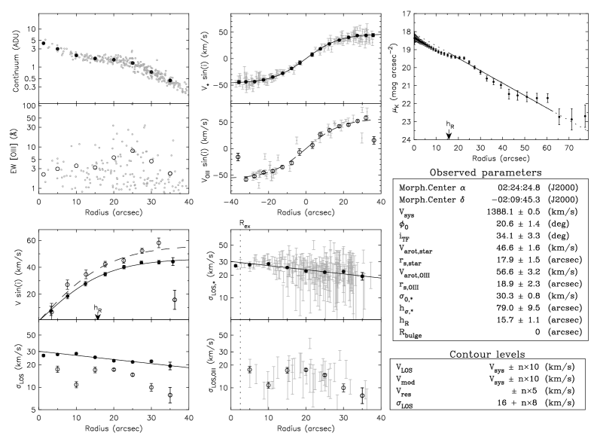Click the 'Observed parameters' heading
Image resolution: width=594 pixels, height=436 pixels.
point(486,172)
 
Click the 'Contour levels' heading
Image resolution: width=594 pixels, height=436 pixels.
point(487,354)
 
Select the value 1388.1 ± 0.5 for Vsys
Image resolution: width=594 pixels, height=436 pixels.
point(513,212)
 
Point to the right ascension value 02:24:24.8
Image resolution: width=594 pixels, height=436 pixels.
point(519,188)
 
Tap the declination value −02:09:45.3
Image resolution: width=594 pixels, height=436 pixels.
point(516,200)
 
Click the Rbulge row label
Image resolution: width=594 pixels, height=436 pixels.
point(410,333)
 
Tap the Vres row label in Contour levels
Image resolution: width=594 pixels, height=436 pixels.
point(404,392)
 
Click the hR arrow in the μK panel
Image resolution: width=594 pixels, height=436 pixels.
point(449,134)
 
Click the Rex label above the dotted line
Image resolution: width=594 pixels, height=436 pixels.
point(245,224)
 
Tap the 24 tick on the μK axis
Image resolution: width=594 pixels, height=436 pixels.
point(406,139)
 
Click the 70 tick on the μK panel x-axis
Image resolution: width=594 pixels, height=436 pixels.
point(569,148)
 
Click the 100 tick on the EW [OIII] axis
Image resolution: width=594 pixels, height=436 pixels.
point(29,106)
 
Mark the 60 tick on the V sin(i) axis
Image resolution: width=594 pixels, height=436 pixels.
point(31,240)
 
